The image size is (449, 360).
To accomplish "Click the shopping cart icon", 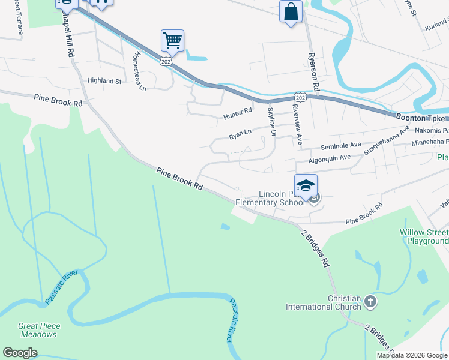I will (x=172, y=41).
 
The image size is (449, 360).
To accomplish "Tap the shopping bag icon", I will (x=291, y=11).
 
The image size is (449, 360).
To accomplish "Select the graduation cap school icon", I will (x=306, y=185).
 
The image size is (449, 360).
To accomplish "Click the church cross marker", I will (x=370, y=301).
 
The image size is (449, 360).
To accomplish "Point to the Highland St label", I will (x=104, y=80).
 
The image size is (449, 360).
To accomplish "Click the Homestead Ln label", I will (x=139, y=71).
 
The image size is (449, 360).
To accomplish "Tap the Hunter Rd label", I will (x=237, y=112).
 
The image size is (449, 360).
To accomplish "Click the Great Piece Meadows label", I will (x=39, y=330).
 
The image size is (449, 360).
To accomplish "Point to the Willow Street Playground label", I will (x=424, y=236).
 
